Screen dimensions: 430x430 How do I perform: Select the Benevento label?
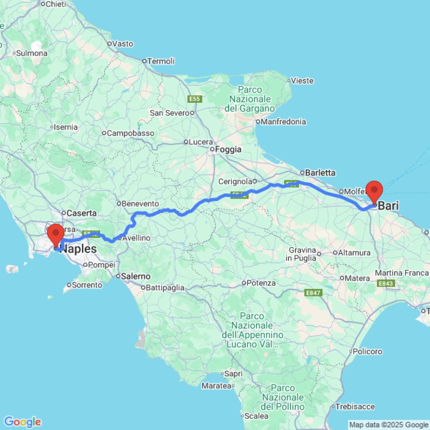140,203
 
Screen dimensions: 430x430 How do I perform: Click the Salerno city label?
135,276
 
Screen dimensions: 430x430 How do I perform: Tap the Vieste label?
302,81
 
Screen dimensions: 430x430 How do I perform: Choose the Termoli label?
161,61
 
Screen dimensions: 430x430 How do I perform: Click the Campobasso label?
130,133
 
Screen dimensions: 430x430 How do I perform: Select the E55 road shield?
195,99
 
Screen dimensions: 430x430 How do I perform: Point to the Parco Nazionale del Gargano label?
249,99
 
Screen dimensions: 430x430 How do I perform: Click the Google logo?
22,422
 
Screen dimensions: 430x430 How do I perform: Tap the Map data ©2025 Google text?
388,425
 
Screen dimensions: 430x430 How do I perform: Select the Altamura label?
355,253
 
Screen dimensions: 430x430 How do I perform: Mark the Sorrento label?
87,285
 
